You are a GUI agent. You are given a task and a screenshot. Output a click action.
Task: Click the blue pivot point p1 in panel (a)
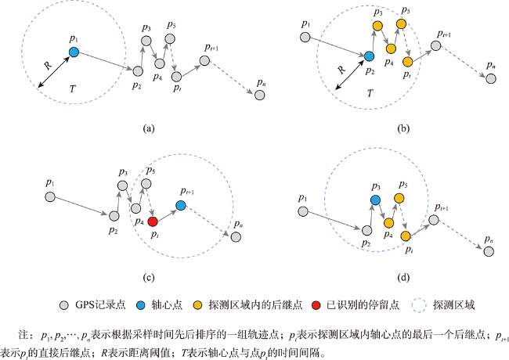point(74,52)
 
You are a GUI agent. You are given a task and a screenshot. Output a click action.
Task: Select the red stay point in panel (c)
point(153,221)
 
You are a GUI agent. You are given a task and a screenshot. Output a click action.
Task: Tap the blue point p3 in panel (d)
point(375,200)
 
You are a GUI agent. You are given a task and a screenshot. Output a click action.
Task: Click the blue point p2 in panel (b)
point(369,56)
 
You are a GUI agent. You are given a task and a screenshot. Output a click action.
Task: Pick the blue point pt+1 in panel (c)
point(181,205)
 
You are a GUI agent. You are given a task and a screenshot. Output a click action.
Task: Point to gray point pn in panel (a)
point(260,95)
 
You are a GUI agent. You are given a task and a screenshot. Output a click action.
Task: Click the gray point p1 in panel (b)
point(305,38)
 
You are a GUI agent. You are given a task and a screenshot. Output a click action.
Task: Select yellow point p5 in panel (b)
point(401,23)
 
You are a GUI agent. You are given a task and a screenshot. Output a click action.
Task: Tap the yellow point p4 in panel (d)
point(389,223)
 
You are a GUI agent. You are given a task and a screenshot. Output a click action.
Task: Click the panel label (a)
point(149,129)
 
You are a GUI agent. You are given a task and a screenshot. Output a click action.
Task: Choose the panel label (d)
point(403,278)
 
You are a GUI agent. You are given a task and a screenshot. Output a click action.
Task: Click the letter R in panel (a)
point(48,65)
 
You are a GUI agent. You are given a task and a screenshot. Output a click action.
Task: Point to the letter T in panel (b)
point(370,93)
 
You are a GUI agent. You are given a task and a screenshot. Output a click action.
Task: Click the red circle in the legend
point(316,305)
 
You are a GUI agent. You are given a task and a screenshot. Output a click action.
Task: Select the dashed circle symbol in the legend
point(419,305)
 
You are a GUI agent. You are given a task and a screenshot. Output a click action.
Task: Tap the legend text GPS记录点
point(100,305)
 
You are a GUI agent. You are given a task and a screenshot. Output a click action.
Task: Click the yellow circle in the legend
point(197,305)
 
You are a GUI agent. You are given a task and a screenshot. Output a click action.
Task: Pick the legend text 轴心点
point(167,305)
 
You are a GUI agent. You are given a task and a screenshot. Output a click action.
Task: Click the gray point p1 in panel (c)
point(50,197)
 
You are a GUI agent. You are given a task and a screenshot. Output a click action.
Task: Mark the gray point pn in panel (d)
point(489,251)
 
